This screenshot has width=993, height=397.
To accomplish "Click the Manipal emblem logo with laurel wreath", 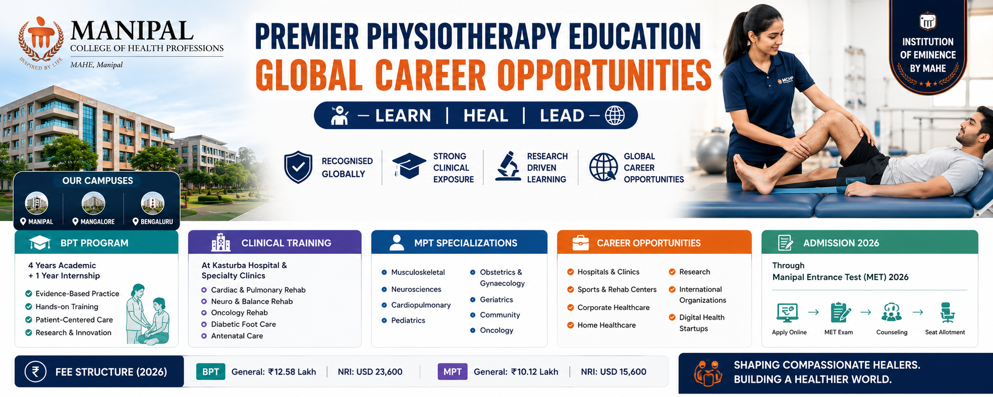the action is (41, 42).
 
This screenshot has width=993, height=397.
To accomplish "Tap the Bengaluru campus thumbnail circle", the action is (153, 203).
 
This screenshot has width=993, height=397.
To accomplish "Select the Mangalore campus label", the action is (94, 221).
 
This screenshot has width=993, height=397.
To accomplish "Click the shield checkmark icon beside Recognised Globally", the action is (298, 167).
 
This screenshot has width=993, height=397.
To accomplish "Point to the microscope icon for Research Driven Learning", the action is (507, 166).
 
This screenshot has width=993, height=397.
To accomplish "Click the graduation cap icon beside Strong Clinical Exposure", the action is (409, 166).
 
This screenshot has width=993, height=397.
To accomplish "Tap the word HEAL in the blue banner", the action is (486, 116).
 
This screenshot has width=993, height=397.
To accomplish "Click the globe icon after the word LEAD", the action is (614, 116).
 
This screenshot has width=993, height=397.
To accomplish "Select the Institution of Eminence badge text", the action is (928, 55).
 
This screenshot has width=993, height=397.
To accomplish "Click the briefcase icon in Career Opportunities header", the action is (580, 243).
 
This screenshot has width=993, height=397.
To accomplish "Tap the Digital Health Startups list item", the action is (697, 323).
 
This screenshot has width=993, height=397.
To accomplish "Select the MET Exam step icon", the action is (840, 312).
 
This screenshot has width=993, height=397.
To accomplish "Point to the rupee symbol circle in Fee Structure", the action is (36, 372).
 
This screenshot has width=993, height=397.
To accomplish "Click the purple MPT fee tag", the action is (453, 372).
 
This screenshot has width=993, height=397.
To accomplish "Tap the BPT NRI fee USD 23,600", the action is (370, 372).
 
